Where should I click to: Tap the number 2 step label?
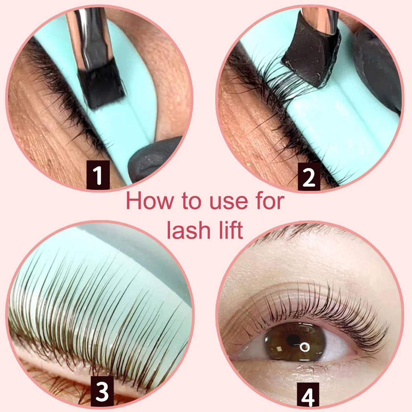click(309, 176)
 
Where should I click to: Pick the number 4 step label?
click(308, 397)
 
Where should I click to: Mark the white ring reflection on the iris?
click(304, 347)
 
